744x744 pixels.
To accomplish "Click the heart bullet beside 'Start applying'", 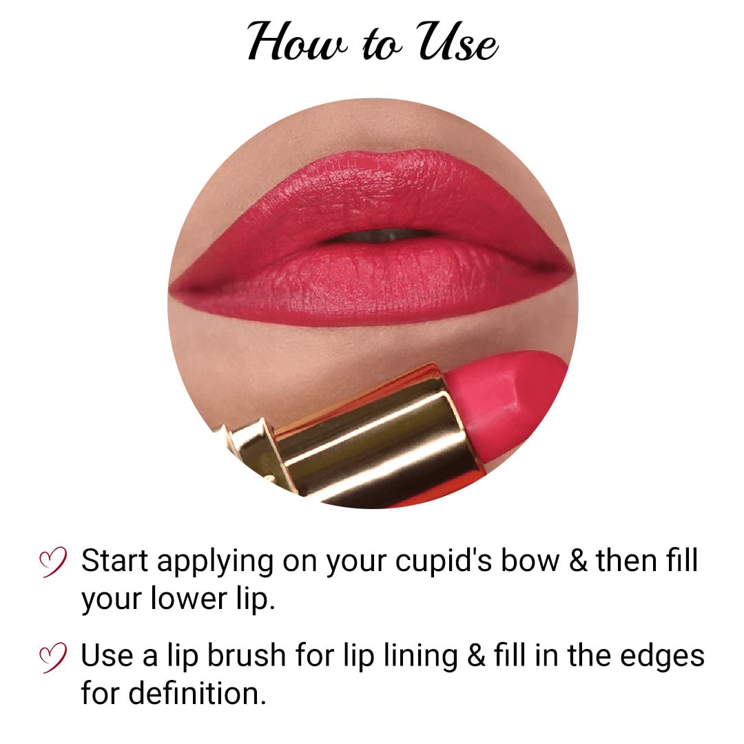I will tap(53, 562).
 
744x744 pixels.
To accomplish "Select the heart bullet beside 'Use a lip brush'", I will tap(53, 656).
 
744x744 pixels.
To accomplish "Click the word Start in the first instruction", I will tap(114, 561).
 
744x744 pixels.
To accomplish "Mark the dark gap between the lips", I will tap(375, 236).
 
